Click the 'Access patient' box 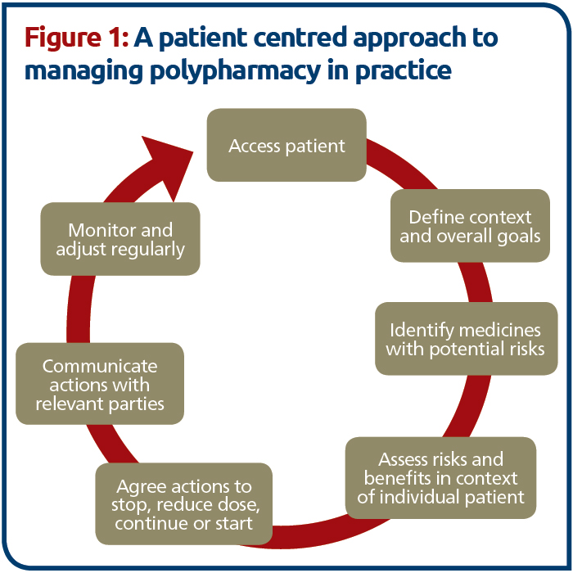coord(286,145)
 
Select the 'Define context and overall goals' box coord(470,225)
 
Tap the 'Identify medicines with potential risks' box coord(467,338)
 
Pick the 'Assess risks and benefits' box coord(440,477)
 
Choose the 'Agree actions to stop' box coord(184,504)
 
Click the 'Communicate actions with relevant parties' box coord(100,384)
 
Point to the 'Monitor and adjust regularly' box coord(120,239)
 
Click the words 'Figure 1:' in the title coord(76,38)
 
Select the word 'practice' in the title coord(404,71)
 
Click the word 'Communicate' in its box coord(100,366)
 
